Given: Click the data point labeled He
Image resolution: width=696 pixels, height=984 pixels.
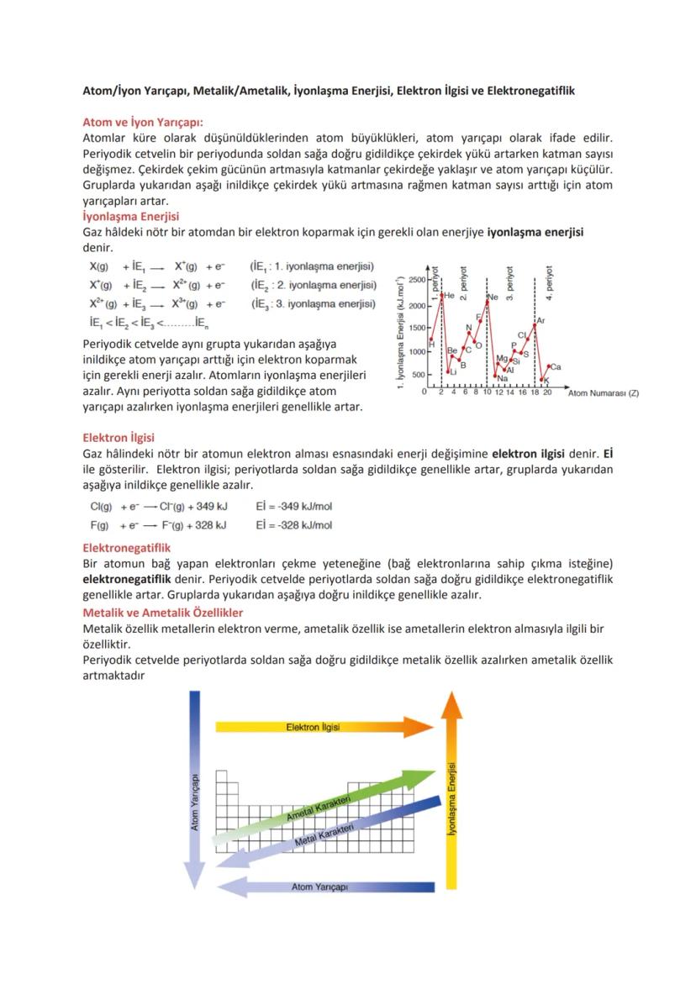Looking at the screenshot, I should click(441, 293).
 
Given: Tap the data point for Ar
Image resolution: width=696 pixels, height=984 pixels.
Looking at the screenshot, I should click(535, 324).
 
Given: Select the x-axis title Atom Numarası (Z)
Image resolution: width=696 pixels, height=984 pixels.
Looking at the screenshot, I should click(603, 393).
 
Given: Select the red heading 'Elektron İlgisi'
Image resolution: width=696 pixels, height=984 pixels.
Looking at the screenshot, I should click(119, 437).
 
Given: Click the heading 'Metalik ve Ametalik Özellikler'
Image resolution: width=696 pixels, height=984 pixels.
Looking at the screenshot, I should click(162, 613).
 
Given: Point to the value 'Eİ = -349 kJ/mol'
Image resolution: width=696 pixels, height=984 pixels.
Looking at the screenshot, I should click(293, 507).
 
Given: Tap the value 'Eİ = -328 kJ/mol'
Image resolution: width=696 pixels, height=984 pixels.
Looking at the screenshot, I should click(293, 525).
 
